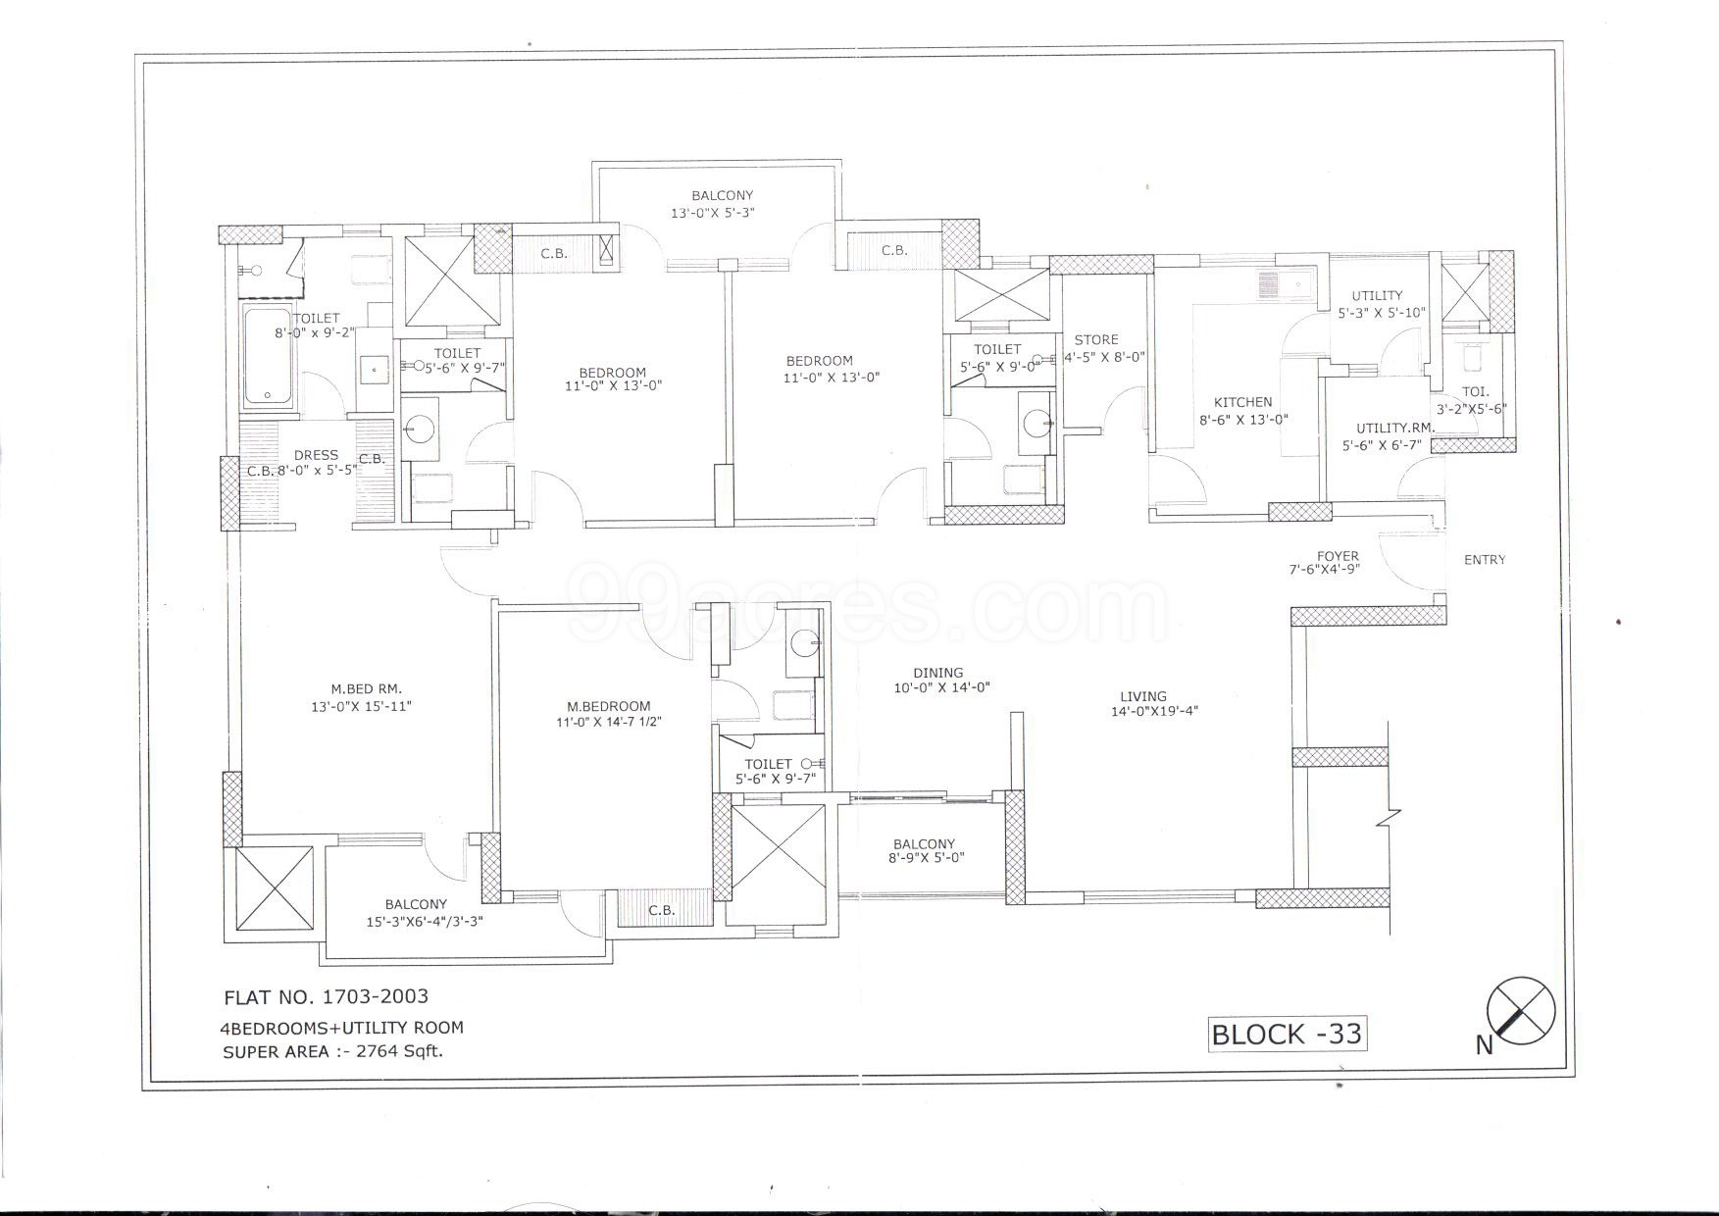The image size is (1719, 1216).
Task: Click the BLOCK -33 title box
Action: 1287,1034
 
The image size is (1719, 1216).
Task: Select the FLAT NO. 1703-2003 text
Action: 327,997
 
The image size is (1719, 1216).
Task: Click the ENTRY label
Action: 1484,560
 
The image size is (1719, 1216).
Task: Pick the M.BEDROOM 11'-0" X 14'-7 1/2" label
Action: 608,714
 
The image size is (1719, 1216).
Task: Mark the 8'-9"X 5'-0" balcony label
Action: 924,850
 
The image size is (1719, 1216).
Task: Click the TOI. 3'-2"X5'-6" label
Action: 1471,400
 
